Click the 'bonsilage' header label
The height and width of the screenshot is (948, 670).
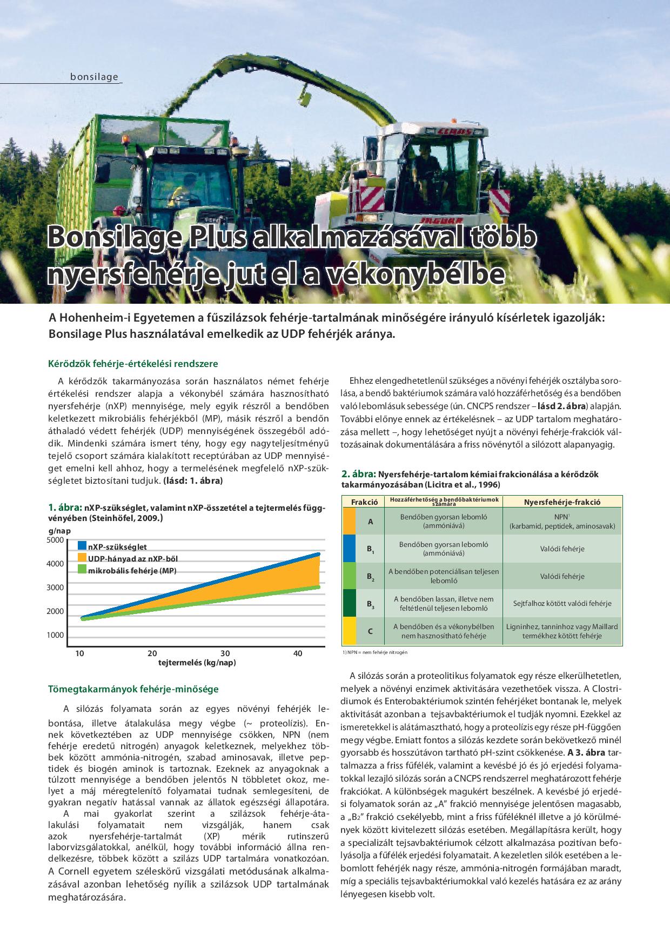click(x=94, y=77)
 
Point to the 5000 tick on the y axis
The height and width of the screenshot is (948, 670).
click(x=55, y=540)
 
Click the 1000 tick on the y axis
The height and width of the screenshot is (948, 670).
click(x=55, y=635)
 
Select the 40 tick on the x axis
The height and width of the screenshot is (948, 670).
click(x=297, y=653)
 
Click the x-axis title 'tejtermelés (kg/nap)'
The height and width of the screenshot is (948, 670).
click(x=197, y=663)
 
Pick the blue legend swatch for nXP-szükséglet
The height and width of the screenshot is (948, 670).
click(x=82, y=546)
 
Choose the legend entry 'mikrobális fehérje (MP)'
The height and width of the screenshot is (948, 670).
click(x=132, y=570)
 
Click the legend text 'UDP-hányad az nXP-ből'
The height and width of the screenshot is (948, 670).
click(x=133, y=558)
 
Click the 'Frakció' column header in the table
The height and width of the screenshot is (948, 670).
click(x=364, y=502)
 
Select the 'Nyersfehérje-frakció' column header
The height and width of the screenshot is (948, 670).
click(x=562, y=502)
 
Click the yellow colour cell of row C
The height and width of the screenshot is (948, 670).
click(x=349, y=631)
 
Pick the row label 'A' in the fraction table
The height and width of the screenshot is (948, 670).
click(x=371, y=522)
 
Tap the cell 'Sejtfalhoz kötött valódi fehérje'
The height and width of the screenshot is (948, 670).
click(x=562, y=603)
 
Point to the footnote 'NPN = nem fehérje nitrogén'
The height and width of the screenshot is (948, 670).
click(x=375, y=652)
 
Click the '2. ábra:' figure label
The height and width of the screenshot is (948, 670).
click(x=358, y=474)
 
